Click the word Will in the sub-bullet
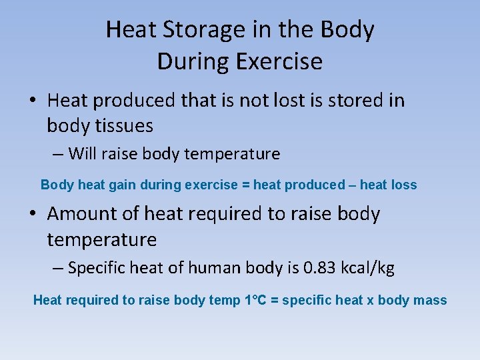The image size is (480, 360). click(82, 154)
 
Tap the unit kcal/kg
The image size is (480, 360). click(367, 268)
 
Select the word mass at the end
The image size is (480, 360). click(430, 300)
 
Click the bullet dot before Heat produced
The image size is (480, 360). click(33, 101)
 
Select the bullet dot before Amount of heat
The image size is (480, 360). click(33, 215)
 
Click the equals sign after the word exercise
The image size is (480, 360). click(246, 185)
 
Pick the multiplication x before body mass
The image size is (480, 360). click(370, 301)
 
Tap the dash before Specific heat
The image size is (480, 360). click(59, 269)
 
